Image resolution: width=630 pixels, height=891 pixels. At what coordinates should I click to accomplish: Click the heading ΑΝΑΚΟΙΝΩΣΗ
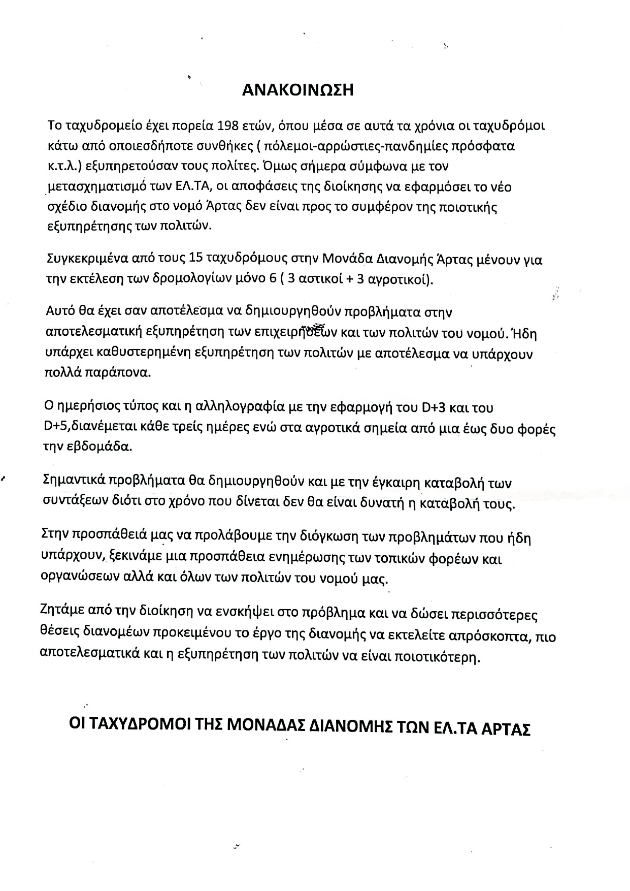click(297, 90)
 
